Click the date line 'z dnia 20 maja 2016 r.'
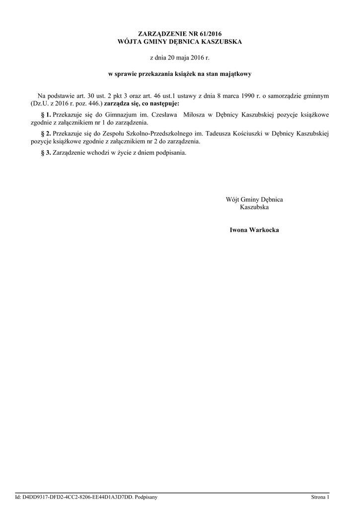pyautogui.click(x=180, y=58)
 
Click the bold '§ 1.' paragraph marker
pyautogui.click(x=46, y=115)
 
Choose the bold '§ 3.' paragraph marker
pyautogui.click(x=46, y=153)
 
